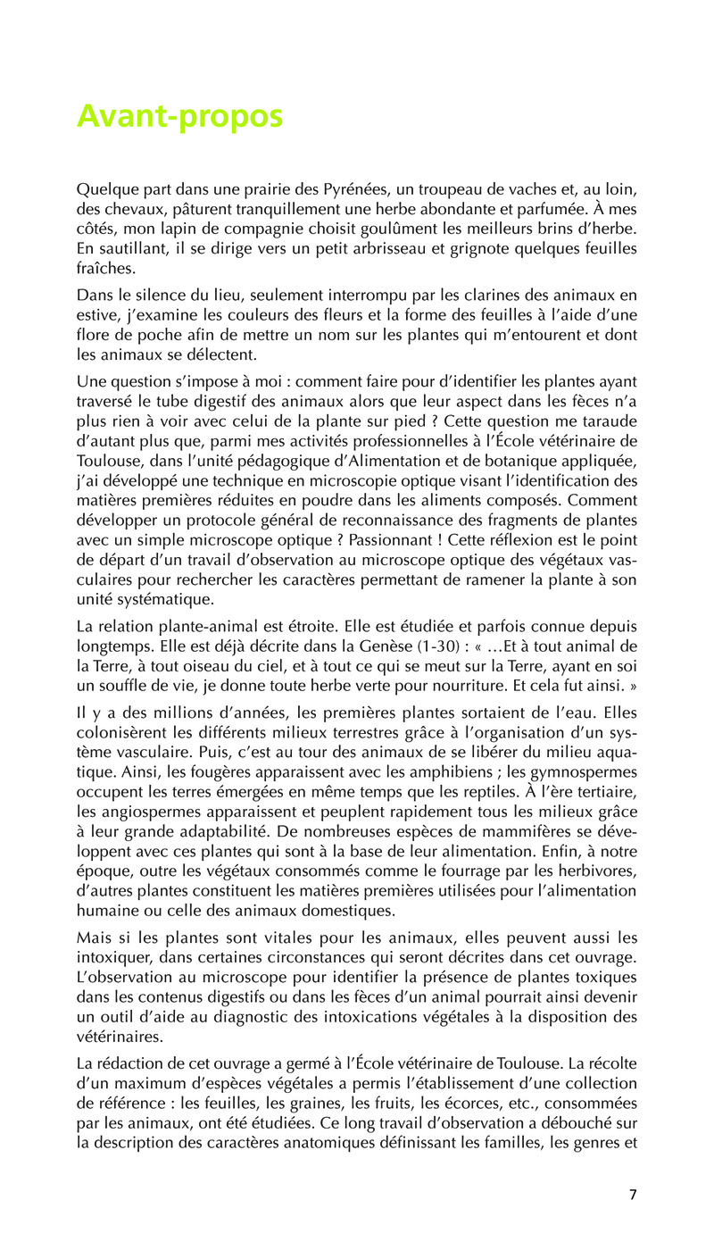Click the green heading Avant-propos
click(x=179, y=116)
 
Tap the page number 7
click(x=633, y=1196)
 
